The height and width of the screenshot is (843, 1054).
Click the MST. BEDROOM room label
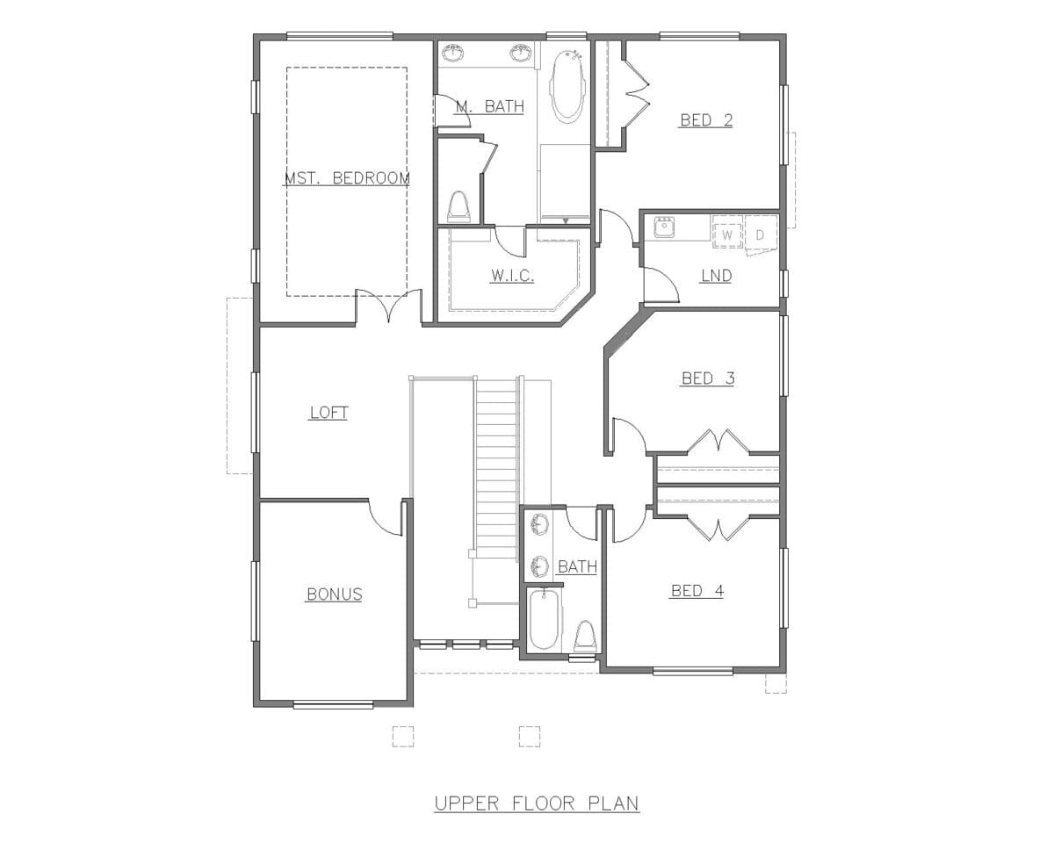(347, 177)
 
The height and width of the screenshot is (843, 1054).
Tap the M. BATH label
(490, 106)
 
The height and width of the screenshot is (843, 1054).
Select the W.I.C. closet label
(512, 276)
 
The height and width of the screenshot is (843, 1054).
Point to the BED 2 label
(706, 120)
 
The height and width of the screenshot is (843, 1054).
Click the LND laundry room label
(717, 276)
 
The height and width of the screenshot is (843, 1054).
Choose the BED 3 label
(708, 378)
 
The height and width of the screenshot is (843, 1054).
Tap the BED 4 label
(697, 591)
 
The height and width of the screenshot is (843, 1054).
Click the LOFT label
(328, 413)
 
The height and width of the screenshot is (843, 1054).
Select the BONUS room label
(335, 594)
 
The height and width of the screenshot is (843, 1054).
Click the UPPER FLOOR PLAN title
(537, 803)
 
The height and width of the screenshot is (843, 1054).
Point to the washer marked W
(727, 232)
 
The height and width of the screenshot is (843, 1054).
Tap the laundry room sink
(664, 227)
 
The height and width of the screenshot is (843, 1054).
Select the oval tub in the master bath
(567, 84)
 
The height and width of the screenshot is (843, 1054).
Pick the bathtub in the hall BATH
(544, 620)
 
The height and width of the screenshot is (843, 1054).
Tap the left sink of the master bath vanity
(452, 53)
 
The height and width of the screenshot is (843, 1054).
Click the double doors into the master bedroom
(388, 305)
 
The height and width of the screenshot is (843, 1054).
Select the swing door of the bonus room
(385, 517)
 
